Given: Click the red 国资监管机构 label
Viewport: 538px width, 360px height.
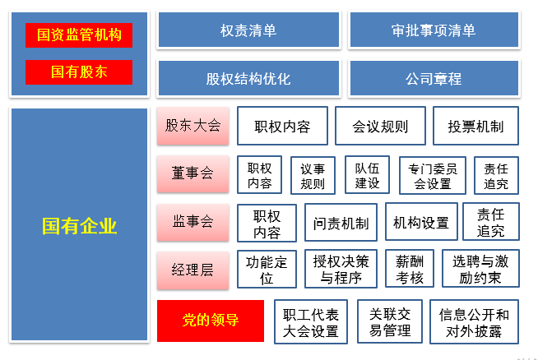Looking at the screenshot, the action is (x=79, y=35).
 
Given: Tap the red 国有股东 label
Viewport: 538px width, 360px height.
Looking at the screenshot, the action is (x=79, y=72).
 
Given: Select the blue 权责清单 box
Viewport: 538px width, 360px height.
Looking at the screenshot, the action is (x=248, y=30).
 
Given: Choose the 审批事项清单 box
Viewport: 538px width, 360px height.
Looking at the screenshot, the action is (x=434, y=30).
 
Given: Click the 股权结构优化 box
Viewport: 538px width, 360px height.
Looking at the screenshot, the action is (x=248, y=78).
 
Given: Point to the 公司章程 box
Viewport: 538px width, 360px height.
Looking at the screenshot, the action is (x=434, y=78).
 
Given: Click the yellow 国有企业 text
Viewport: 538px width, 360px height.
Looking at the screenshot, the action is (x=79, y=226).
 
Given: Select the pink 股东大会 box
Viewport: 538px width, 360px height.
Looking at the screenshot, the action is (x=192, y=126).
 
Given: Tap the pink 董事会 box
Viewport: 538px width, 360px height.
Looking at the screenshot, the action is (x=192, y=173).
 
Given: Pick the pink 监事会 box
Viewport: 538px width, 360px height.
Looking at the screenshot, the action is (x=192, y=222).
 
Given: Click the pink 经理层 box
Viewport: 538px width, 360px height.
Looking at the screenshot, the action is (x=192, y=270).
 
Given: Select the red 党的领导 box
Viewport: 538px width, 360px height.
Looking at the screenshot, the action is (x=211, y=321).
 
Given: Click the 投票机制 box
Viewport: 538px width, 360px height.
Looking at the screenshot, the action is (x=476, y=127).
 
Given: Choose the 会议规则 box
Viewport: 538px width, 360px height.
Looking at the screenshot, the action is (x=381, y=127).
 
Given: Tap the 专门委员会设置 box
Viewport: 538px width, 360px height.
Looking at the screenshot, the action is (x=433, y=176).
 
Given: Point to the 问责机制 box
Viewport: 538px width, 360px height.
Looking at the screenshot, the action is (x=341, y=222).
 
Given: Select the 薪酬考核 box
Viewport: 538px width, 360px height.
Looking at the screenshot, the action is (x=410, y=269).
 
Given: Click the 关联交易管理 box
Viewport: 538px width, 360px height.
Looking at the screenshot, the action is (x=390, y=321).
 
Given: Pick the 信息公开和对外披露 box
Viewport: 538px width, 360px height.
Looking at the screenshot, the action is (x=474, y=321).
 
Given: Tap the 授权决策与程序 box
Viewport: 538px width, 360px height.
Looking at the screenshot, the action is (x=341, y=269).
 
